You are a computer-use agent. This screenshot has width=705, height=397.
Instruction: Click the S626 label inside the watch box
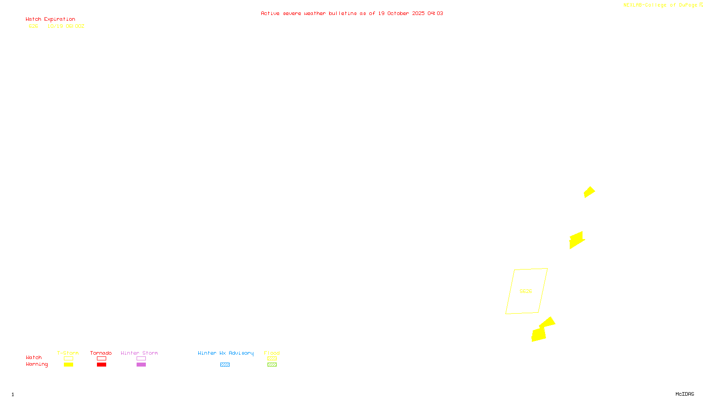point(526,291)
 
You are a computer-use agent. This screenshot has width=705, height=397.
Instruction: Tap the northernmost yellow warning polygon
point(589,192)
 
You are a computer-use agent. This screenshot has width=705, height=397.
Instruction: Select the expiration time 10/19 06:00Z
point(66,26)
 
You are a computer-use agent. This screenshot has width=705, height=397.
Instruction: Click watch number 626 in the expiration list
point(33,26)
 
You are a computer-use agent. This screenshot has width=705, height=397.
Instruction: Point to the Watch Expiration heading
point(50,19)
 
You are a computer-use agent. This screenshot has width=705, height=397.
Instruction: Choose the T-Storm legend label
point(68,353)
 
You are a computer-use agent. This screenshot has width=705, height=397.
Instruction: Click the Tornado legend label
point(101,353)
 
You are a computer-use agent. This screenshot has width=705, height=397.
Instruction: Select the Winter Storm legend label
point(139,353)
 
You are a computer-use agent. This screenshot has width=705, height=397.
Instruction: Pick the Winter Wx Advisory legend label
point(226,353)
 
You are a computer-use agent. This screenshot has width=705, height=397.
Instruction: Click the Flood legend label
point(272,353)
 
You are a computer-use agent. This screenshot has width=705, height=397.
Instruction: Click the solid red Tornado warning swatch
point(101,365)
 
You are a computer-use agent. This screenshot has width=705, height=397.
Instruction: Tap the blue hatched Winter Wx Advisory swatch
point(225,365)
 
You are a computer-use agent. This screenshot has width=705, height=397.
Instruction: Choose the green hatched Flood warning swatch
point(272,365)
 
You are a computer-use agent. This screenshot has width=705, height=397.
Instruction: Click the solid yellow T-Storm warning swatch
point(68,365)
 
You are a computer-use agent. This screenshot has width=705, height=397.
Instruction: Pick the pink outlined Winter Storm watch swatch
point(141,359)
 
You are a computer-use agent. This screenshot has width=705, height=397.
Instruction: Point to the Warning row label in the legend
point(37,364)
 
